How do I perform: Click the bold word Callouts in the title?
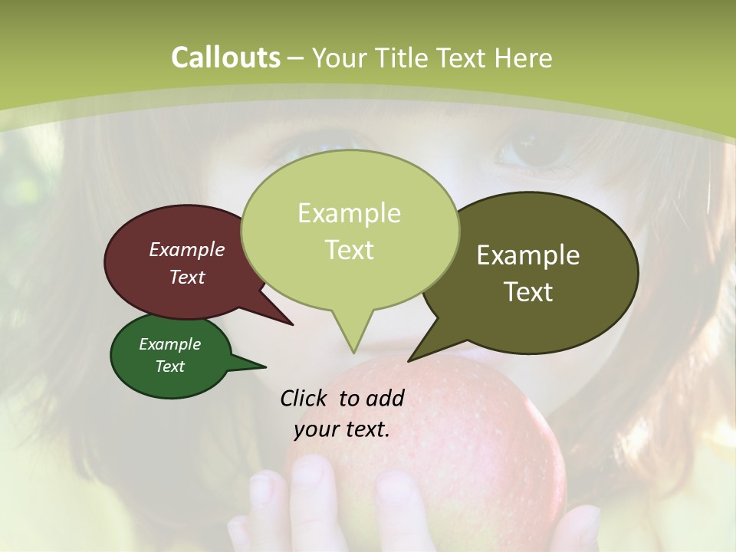[x=225, y=58]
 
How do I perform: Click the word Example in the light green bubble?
[x=349, y=213]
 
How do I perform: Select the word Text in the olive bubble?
[x=528, y=292]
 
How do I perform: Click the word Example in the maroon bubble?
[x=186, y=250]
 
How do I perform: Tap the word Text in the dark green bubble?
[x=170, y=366]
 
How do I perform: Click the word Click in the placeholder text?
[x=304, y=399]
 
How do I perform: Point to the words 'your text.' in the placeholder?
[x=342, y=429]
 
